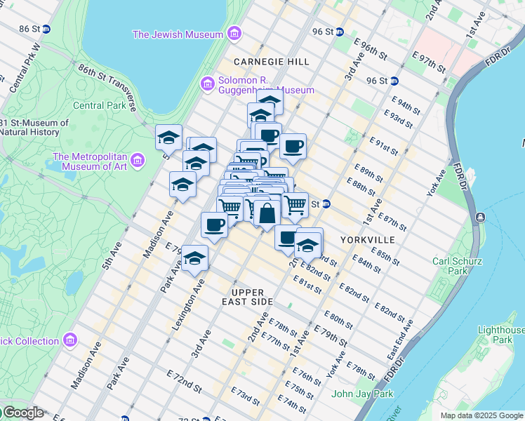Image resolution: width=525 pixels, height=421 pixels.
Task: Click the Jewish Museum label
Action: tap(178, 34)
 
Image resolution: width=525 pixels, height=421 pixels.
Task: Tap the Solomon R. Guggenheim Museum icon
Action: tap(207, 84)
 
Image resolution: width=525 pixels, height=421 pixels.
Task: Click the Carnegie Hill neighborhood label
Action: tap(272, 62)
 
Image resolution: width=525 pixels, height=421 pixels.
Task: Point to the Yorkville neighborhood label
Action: tap(367, 240)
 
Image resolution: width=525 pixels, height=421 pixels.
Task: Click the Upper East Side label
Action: tap(247, 297)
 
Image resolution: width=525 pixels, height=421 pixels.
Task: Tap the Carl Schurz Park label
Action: tap(450, 266)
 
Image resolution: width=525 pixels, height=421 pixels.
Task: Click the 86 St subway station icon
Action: tap(46, 29)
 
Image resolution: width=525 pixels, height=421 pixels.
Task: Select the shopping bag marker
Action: tap(267, 213)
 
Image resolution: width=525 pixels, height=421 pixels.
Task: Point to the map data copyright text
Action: tap(481, 415)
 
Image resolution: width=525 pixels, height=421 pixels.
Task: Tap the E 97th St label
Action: tap(428, 61)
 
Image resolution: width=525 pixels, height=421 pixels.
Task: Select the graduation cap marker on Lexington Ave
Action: tap(195, 258)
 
